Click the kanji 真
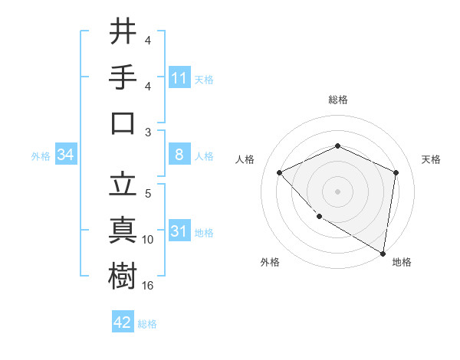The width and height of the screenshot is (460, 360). (x=123, y=230)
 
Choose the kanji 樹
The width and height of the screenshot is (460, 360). (x=123, y=277)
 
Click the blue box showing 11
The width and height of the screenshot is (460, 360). (x=179, y=77)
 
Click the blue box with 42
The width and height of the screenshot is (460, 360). (x=123, y=322)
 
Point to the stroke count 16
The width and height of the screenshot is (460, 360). (x=149, y=286)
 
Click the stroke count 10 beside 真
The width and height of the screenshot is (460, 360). (x=148, y=240)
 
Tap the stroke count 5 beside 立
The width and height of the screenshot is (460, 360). (x=148, y=194)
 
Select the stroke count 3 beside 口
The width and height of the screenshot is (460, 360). (x=148, y=133)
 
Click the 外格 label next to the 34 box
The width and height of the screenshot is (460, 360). (x=41, y=156)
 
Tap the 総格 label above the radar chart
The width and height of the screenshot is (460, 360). (x=337, y=100)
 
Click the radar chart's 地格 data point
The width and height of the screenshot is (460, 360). (x=383, y=253)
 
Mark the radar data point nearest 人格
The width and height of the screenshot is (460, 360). (x=280, y=172)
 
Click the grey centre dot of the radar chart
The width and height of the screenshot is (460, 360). (x=337, y=191)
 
